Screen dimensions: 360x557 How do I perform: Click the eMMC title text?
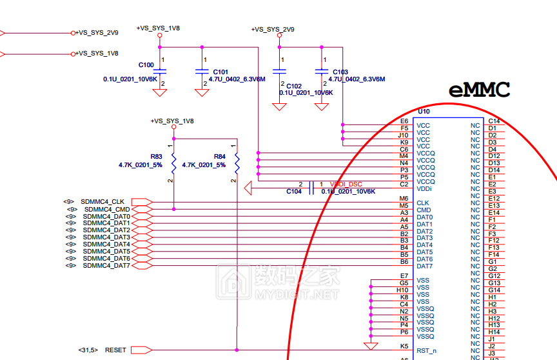click(480, 90)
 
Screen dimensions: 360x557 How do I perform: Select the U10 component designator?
click(424, 112)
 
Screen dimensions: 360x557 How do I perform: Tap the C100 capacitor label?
click(146, 65)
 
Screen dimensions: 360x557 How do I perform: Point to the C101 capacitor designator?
click(220, 72)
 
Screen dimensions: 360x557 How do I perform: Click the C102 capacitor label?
click(294, 86)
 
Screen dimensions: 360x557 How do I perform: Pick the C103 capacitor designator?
click(340, 72)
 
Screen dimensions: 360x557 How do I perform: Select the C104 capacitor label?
click(294, 192)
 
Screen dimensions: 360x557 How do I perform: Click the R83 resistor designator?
click(157, 157)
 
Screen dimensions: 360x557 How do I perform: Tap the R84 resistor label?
click(220, 157)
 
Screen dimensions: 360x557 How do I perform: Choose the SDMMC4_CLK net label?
click(103, 202)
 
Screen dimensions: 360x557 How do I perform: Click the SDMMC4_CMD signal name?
click(106, 209)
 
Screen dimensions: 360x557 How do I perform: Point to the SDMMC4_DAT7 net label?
click(106, 266)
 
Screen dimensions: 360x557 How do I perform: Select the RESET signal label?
click(115, 350)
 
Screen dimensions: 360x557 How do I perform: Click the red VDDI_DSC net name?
click(346, 185)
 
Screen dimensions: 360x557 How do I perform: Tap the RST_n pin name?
click(426, 351)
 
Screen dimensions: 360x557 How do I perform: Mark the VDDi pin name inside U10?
click(424, 188)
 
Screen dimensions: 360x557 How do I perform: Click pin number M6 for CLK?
click(404, 199)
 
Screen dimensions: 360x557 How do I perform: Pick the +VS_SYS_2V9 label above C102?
click(273, 30)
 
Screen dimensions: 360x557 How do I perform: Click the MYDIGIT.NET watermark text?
click(297, 295)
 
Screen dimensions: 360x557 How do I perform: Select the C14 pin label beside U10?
click(494, 121)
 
